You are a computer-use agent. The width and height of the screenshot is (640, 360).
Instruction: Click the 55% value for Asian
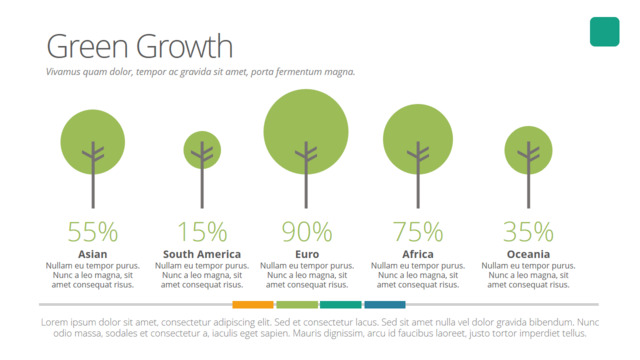pyautogui.click(x=93, y=232)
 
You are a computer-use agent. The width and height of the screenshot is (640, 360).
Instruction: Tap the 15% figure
pyautogui.click(x=202, y=232)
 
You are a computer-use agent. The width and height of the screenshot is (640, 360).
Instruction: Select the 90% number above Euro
pyautogui.click(x=307, y=232)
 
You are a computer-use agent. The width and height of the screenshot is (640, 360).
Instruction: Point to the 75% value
pyautogui.click(x=418, y=232)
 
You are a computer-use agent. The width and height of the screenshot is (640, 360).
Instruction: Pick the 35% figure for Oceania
pyautogui.click(x=528, y=232)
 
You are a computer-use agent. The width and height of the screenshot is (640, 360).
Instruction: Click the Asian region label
pyautogui.click(x=93, y=254)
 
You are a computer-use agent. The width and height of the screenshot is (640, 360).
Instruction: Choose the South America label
pyautogui.click(x=202, y=254)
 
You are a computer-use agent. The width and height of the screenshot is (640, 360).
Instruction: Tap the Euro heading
pyautogui.click(x=307, y=254)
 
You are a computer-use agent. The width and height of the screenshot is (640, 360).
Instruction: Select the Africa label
pyautogui.click(x=418, y=254)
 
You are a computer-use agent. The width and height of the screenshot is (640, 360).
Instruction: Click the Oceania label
pyautogui.click(x=528, y=254)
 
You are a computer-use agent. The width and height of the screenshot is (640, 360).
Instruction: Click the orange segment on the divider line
pyautogui.click(x=253, y=304)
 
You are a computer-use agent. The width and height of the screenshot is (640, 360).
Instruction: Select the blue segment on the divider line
pyautogui.click(x=385, y=304)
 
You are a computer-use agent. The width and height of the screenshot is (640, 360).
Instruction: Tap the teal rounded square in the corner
pyautogui.click(x=604, y=32)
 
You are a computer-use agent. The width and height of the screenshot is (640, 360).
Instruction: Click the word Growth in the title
pyautogui.click(x=184, y=47)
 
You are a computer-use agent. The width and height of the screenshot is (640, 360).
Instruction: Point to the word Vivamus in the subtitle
pyautogui.click(x=63, y=72)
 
